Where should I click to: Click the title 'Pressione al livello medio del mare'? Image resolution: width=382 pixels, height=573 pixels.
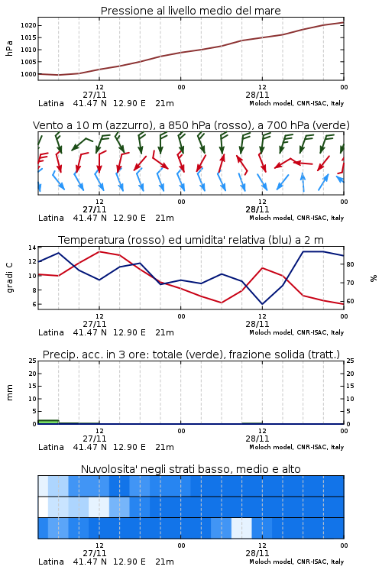190,11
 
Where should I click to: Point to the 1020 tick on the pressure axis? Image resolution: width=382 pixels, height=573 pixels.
28,25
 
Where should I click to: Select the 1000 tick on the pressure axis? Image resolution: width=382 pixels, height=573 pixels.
28,74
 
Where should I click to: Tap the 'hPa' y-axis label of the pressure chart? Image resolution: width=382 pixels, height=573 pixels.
9,48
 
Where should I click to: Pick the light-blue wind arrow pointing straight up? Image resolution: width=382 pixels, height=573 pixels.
303,182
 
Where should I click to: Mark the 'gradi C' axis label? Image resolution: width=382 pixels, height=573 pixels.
10,277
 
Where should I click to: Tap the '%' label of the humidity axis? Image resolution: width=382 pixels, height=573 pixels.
374,278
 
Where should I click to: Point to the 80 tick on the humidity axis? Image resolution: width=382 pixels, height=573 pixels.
350,264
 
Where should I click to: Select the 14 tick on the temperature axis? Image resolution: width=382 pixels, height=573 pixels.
32,248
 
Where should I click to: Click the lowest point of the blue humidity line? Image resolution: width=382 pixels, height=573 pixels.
262,304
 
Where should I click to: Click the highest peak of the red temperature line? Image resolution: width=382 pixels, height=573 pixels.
99,252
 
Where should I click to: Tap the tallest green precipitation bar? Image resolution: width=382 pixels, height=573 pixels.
48,422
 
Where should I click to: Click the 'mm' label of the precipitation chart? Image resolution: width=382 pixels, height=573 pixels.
9,393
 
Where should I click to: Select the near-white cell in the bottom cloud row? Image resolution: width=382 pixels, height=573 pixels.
241,528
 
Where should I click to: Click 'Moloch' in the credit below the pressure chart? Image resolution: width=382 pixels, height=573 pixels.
260,103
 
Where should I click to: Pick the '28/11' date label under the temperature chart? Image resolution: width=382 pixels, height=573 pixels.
257,324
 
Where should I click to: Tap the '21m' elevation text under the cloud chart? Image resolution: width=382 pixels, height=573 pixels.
164,562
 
